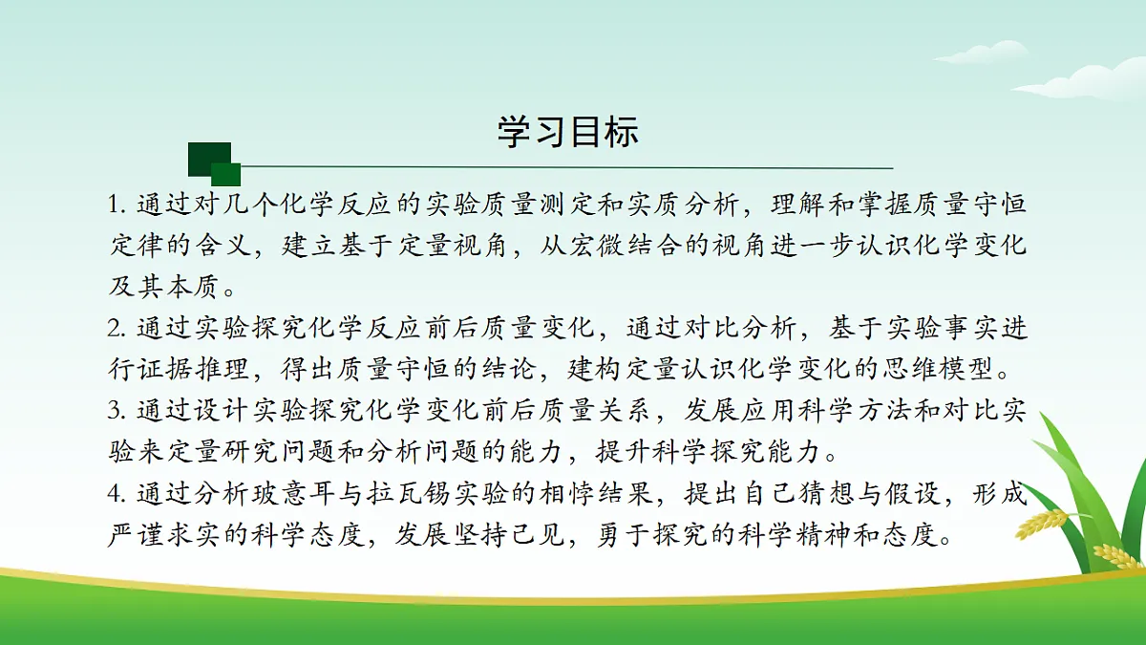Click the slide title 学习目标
tap(567, 132)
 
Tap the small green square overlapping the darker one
tap(225, 174)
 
